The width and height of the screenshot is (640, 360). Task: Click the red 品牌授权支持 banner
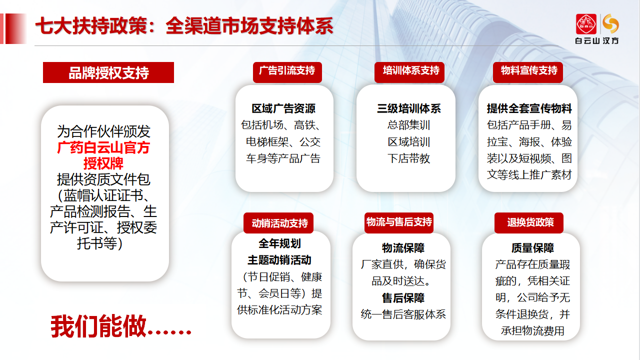pyautogui.click(x=108, y=72)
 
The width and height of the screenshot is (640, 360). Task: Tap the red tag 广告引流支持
pyautogui.click(x=287, y=72)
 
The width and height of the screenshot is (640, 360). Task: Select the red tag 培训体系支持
pyautogui.click(x=409, y=72)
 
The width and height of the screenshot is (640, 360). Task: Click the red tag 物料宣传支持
pyautogui.click(x=528, y=72)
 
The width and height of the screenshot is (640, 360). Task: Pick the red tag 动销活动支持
pyautogui.click(x=278, y=223)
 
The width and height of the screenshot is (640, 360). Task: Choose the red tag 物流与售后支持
pyautogui.click(x=399, y=222)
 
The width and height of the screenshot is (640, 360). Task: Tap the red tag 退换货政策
pyautogui.click(x=529, y=222)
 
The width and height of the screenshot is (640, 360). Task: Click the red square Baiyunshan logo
pyautogui.click(x=586, y=24)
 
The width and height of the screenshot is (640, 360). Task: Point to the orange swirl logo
pyautogui.click(x=611, y=23)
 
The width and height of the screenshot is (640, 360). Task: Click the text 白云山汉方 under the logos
pyautogui.click(x=597, y=40)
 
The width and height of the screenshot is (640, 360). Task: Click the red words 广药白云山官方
pyautogui.click(x=103, y=147)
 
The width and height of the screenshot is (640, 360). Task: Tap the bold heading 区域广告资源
pyautogui.click(x=283, y=108)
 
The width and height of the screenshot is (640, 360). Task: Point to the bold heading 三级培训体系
pyautogui.click(x=409, y=108)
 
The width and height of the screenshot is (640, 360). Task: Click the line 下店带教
pyautogui.click(x=409, y=158)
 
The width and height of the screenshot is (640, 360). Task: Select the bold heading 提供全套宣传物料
pyautogui.click(x=529, y=108)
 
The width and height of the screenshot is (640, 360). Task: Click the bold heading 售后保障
pyautogui.click(x=403, y=298)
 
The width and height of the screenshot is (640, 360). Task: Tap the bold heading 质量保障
pyautogui.click(x=532, y=248)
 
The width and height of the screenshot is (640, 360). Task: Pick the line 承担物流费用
pyautogui.click(x=532, y=331)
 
